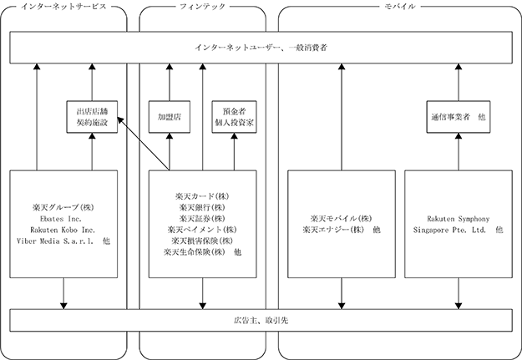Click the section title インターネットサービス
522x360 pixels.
(x=63, y=7)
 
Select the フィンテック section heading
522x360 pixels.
(x=202, y=7)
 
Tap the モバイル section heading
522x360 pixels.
(x=399, y=7)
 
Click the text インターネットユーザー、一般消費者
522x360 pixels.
(x=261, y=48)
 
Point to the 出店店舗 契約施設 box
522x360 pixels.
(x=92, y=117)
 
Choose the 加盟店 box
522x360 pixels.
(x=170, y=117)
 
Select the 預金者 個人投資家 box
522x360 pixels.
(x=235, y=117)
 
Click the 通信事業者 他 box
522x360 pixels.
(x=459, y=117)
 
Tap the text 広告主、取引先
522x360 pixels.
(x=261, y=321)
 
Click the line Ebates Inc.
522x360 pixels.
(x=61, y=219)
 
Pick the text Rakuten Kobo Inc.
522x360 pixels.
(x=63, y=230)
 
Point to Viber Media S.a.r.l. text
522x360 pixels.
(x=55, y=241)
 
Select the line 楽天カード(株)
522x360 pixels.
(x=202, y=196)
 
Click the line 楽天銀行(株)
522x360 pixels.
(x=202, y=207)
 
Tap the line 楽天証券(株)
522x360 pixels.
(x=202, y=219)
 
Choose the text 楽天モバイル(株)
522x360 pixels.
(x=342, y=219)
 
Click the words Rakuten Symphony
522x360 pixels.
(x=459, y=219)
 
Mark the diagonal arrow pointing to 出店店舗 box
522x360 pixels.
(x=144, y=144)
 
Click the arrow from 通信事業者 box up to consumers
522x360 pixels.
(x=459, y=82)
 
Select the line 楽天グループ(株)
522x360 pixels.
(x=63, y=207)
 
